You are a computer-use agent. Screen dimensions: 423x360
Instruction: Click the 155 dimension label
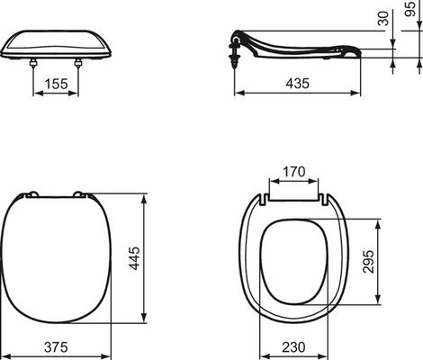(56, 84)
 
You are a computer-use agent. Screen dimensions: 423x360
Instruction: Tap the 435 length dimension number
(297, 84)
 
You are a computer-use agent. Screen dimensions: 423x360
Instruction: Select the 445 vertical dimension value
(134, 258)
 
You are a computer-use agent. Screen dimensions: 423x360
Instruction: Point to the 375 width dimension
(56, 347)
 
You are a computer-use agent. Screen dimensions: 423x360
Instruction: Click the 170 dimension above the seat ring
(293, 172)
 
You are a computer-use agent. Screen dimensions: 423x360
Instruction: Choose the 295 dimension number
(368, 262)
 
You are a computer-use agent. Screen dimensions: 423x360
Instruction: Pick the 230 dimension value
(293, 347)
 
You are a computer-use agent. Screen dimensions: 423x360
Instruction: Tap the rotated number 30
(383, 18)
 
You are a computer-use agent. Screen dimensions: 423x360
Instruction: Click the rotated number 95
(409, 9)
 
